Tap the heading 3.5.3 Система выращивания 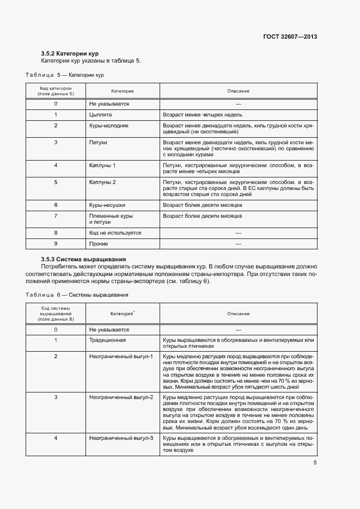click(83, 259)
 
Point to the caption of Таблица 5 click(65, 74)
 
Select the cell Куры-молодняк click(108, 126)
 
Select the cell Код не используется click(115, 232)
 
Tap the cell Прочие click(99, 244)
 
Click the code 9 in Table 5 click(56, 244)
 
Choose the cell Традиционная click(107, 340)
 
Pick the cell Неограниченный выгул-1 click(121, 356)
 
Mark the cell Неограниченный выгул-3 click(121, 422)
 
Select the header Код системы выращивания click(56, 314)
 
